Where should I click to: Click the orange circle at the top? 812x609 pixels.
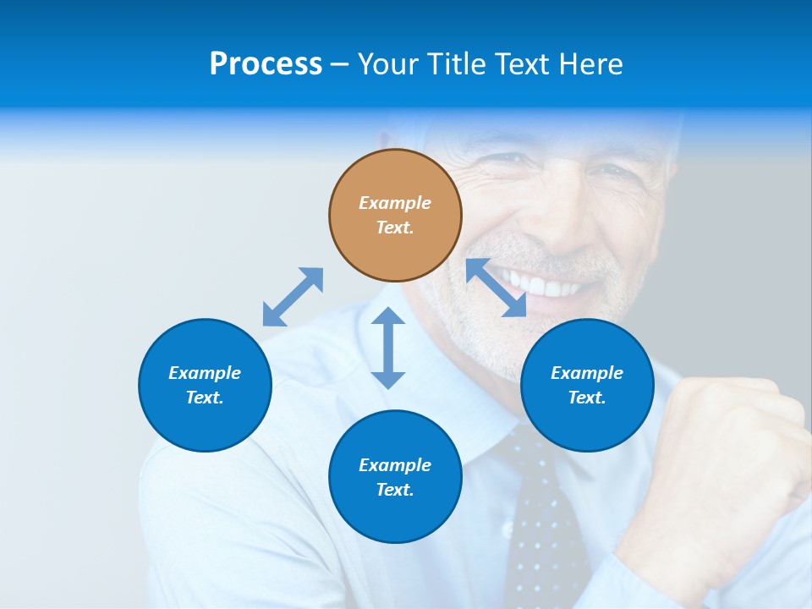point(395,216)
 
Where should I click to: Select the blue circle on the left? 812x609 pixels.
point(205,385)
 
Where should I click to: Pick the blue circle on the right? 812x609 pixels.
point(587,385)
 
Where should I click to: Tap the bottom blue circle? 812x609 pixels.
point(395,477)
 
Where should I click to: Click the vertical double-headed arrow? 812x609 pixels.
point(388,348)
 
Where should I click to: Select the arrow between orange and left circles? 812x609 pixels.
point(293,297)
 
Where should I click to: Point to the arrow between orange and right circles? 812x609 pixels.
point(497,288)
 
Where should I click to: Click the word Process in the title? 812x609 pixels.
point(266,63)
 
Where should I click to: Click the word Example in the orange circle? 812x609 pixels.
point(395,203)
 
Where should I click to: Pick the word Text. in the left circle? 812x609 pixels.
point(205,398)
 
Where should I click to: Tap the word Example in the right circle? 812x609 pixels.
point(587,373)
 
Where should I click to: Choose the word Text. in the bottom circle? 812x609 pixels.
point(395,490)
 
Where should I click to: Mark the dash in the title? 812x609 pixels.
point(340,64)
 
